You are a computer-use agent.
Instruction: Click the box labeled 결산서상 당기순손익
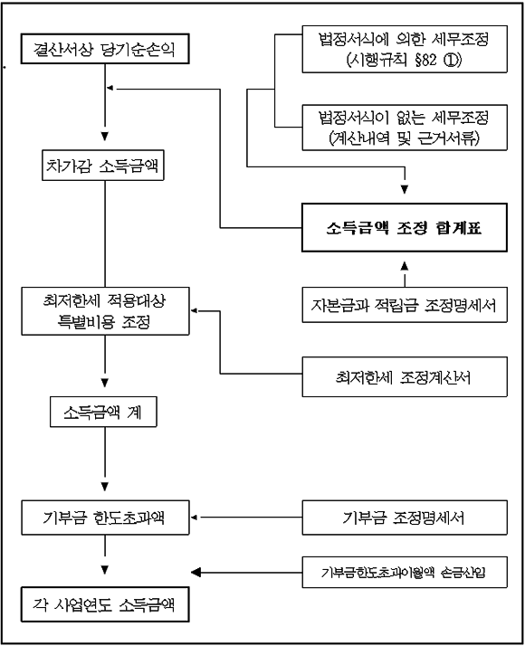(105, 49)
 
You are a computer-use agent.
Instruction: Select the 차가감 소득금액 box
(103, 166)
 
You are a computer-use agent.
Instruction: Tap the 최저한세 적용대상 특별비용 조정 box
(106, 311)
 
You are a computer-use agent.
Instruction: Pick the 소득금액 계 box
(103, 412)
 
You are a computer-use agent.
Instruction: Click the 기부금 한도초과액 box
(106, 518)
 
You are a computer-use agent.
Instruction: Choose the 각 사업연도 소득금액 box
(105, 604)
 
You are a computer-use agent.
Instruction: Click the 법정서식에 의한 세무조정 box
(405, 49)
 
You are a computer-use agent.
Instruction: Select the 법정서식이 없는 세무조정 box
(405, 128)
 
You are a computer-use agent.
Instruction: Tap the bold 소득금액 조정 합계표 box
(405, 227)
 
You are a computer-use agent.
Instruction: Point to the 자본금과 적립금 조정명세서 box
(405, 305)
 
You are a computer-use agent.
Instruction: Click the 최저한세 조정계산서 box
(405, 377)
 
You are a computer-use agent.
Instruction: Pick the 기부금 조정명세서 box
(405, 518)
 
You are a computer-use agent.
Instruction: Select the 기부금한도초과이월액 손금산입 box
(405, 572)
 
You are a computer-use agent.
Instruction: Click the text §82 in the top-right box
(425, 61)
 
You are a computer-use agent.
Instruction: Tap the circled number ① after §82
(451, 61)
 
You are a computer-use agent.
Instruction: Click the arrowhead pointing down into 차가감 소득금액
(105, 137)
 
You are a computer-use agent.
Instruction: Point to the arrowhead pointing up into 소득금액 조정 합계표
(405, 266)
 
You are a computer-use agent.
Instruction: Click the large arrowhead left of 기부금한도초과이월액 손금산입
(196, 572)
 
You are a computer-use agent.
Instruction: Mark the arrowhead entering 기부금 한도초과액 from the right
(194, 518)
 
